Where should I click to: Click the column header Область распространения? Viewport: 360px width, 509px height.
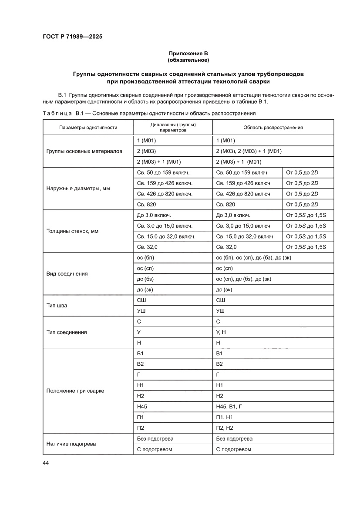tap(273, 128)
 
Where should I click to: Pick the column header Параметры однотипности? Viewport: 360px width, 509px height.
tap(88, 128)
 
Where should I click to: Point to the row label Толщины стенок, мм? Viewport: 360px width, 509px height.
tap(72, 231)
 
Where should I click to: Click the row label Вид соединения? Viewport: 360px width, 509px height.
tap(67, 274)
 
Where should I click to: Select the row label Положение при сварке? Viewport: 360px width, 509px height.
tap(75, 391)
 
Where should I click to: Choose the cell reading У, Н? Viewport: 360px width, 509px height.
tap(221, 332)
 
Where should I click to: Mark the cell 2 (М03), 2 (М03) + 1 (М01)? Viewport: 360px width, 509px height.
tap(249, 152)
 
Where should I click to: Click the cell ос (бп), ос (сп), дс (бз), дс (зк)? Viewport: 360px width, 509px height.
tap(253, 258)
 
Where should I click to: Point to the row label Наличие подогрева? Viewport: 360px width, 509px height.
tap(71, 444)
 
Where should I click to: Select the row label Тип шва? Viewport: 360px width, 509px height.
tap(57, 306)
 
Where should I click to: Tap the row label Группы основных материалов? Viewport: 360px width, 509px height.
tap(84, 152)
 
